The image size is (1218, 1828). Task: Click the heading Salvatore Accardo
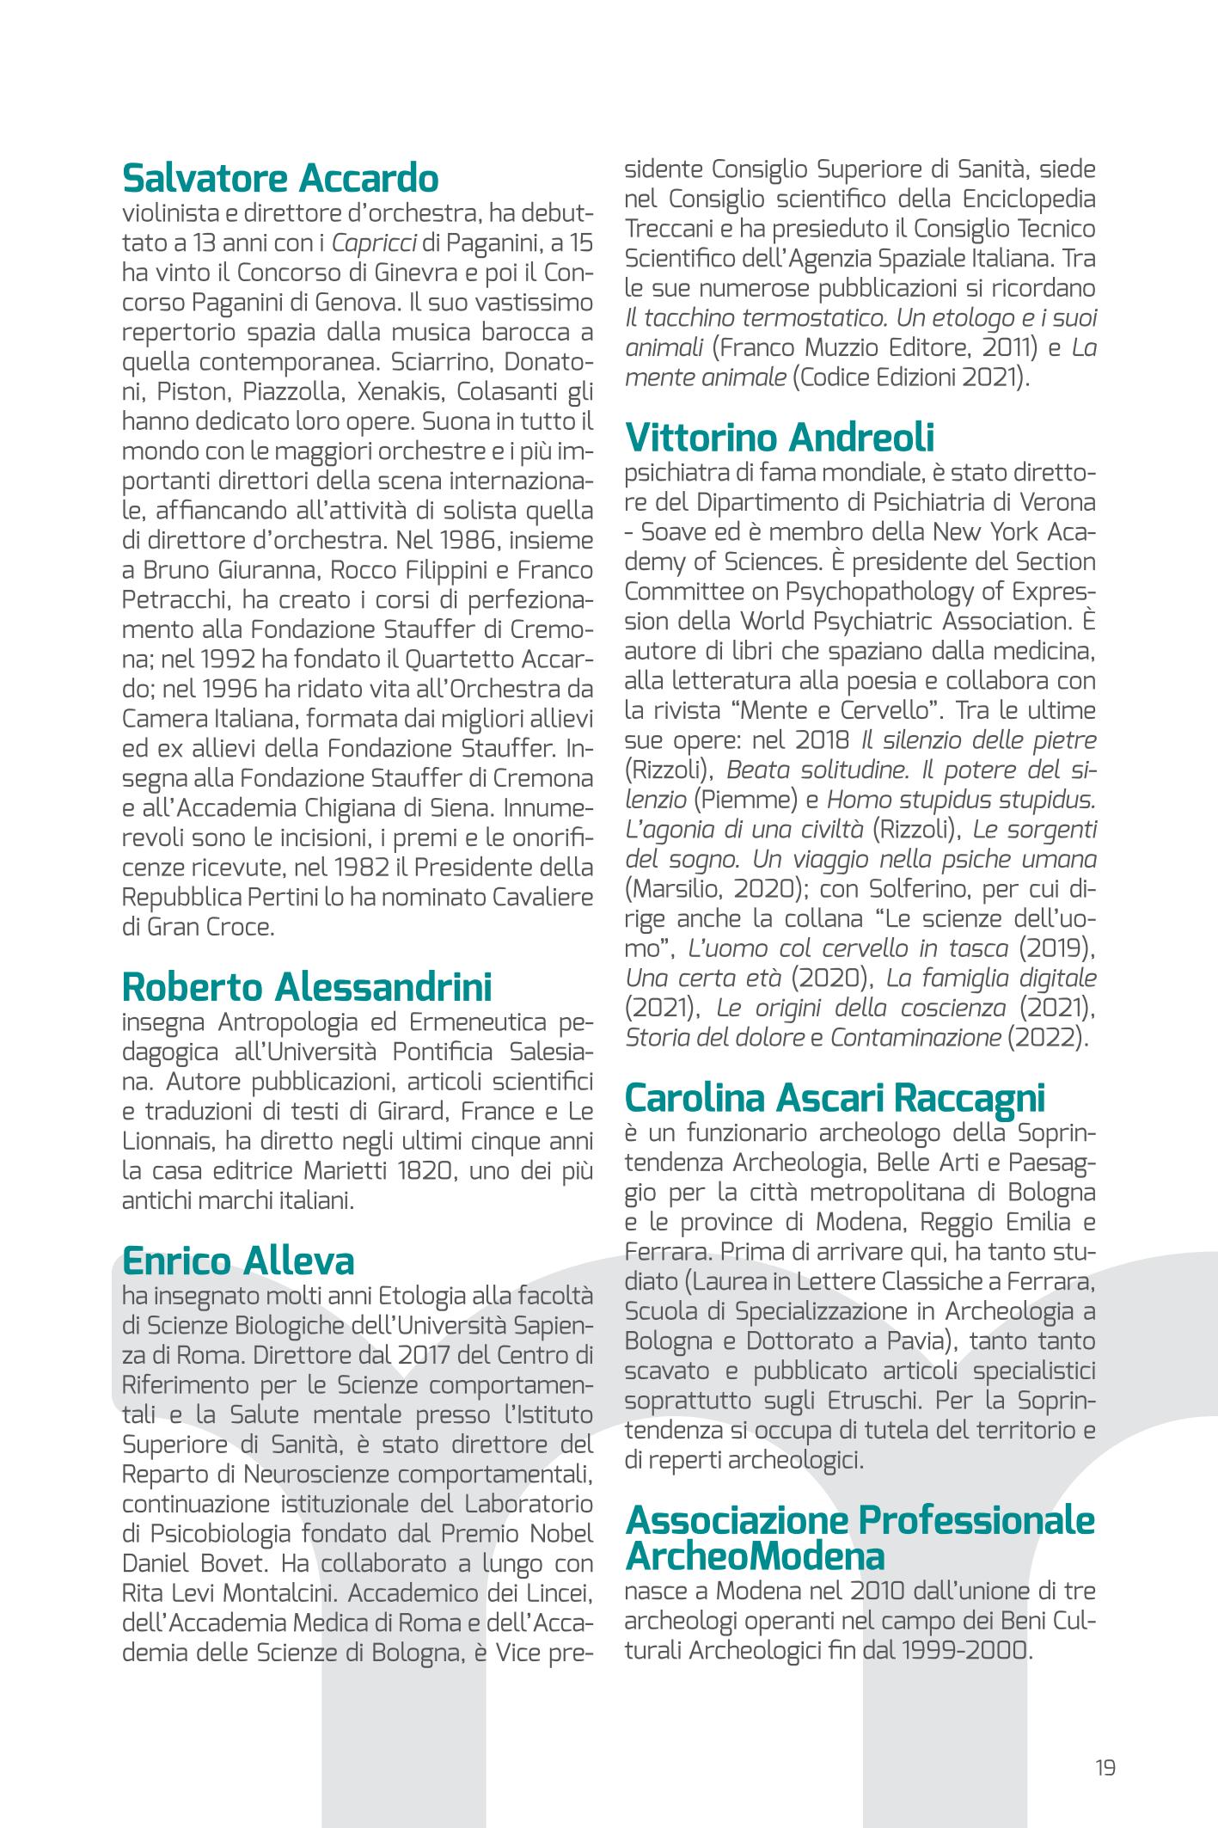point(280,179)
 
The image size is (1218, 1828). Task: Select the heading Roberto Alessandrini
point(307,986)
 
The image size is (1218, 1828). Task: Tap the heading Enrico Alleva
point(238,1261)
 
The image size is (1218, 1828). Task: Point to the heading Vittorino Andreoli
point(779,438)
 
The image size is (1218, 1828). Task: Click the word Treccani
point(667,230)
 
